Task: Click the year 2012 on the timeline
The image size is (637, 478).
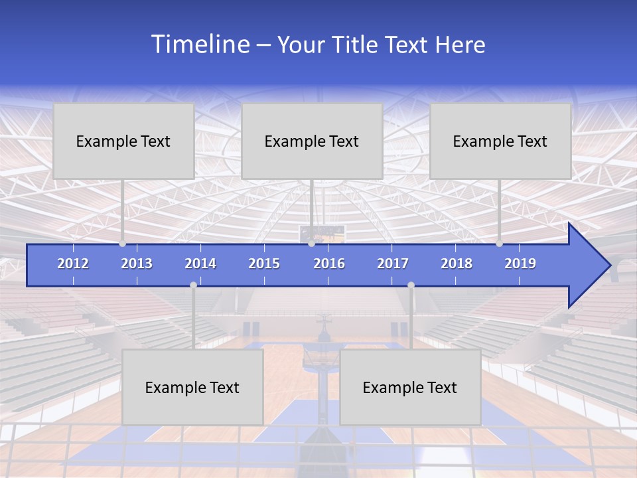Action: pyautogui.click(x=73, y=264)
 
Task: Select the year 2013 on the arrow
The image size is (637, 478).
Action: pyautogui.click(x=137, y=264)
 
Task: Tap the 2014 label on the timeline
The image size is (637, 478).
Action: pyautogui.click(x=200, y=264)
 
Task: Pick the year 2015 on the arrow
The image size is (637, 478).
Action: pyautogui.click(x=264, y=264)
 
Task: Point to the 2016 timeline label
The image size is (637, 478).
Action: pyautogui.click(x=329, y=264)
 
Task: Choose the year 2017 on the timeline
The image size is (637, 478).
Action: pyautogui.click(x=393, y=264)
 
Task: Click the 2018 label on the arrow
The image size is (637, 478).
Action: pyautogui.click(x=457, y=264)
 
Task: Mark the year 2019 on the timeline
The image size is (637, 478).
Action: pyautogui.click(x=520, y=264)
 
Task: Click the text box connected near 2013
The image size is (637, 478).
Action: pyautogui.click(x=123, y=141)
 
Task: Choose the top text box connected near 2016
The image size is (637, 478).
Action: pyautogui.click(x=312, y=141)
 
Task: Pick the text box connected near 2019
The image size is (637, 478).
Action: pyautogui.click(x=500, y=141)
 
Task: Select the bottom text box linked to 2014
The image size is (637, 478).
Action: pyautogui.click(x=192, y=387)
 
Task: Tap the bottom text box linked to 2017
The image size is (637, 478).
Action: pyautogui.click(x=410, y=387)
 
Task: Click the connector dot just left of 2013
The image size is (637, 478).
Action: pyautogui.click(x=123, y=244)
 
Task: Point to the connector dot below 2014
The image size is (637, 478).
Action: pyautogui.click(x=193, y=285)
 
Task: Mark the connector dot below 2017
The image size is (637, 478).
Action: pyautogui.click(x=411, y=285)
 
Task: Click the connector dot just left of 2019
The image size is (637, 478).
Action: pyautogui.click(x=500, y=244)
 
